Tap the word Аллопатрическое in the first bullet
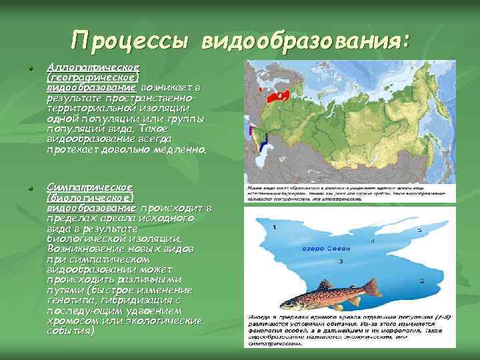click(x=92, y=68)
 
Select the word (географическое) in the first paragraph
click(x=92, y=77)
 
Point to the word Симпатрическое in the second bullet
click(x=89, y=188)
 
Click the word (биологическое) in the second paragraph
click(x=90, y=198)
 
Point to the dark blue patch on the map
click(x=263, y=141)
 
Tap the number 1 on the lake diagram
click(x=274, y=228)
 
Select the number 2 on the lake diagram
click(x=421, y=279)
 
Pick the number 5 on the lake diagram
click(x=419, y=230)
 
